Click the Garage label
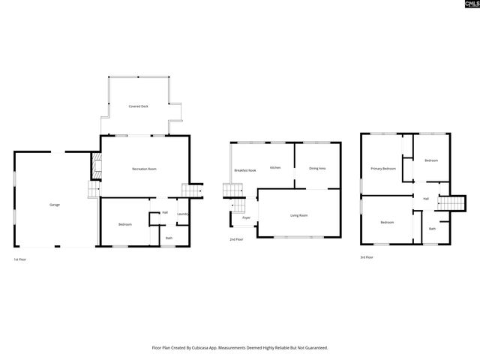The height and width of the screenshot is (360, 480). tap(55, 205)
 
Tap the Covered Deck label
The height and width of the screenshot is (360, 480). tap(138, 106)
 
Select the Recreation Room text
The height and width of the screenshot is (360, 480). tap(144, 169)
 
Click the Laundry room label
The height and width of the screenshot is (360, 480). tap(182, 214)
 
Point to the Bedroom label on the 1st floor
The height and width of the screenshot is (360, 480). tap(125, 224)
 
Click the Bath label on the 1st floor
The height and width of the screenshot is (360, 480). tap(169, 238)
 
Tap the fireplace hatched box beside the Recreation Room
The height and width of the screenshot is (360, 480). tap(95, 166)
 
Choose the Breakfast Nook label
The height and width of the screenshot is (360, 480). tap(245, 170)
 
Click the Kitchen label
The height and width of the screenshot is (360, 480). tap(275, 167)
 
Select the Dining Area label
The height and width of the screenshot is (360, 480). tap(317, 168)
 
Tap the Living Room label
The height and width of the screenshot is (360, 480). tap(299, 215)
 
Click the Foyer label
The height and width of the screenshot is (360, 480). tap(246, 217)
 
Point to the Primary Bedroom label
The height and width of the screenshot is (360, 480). tap(383, 169)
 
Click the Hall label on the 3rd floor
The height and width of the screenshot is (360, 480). tap(426, 199)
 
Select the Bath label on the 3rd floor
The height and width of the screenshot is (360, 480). tap(432, 228)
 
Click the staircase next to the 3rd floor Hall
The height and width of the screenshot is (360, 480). tap(448, 203)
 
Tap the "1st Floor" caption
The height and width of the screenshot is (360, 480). tap(21, 259)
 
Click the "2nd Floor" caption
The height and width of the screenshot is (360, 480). tap(237, 239)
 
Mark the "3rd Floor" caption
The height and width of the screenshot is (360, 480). tap(367, 257)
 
